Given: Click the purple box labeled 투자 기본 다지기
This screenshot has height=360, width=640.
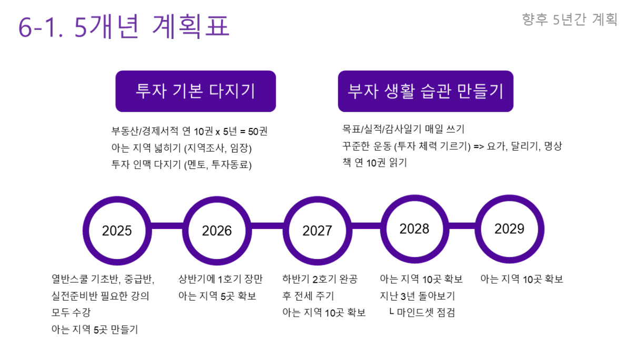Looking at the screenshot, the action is pyautogui.click(x=195, y=91).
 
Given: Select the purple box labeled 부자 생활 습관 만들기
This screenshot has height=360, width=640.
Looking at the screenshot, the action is pyautogui.click(x=425, y=91).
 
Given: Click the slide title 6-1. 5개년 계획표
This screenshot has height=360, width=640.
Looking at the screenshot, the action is pyautogui.click(x=124, y=26).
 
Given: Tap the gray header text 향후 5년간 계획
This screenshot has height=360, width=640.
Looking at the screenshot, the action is pyautogui.click(x=569, y=19).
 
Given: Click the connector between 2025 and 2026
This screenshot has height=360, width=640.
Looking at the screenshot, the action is pyautogui.click(x=167, y=226).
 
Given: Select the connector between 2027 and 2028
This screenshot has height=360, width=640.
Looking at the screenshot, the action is pyautogui.click(x=366, y=226).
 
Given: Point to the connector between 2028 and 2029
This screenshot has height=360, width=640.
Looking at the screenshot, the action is pyautogui.click(x=462, y=226).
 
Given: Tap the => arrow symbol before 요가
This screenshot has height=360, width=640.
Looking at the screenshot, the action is pyautogui.click(x=479, y=147).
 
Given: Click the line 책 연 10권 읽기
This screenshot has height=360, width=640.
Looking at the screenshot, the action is pyautogui.click(x=375, y=163).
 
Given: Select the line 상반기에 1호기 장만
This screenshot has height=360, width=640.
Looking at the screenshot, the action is pyautogui.click(x=221, y=279).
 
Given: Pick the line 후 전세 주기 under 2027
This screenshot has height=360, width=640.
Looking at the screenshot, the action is pyautogui.click(x=308, y=296).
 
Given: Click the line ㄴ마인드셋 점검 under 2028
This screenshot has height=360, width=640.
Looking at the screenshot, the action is pyautogui.click(x=422, y=312).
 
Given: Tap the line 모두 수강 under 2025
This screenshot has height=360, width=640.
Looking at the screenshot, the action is pyautogui.click(x=71, y=312).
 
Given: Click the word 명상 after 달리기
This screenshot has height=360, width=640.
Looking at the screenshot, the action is pyautogui.click(x=553, y=146).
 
